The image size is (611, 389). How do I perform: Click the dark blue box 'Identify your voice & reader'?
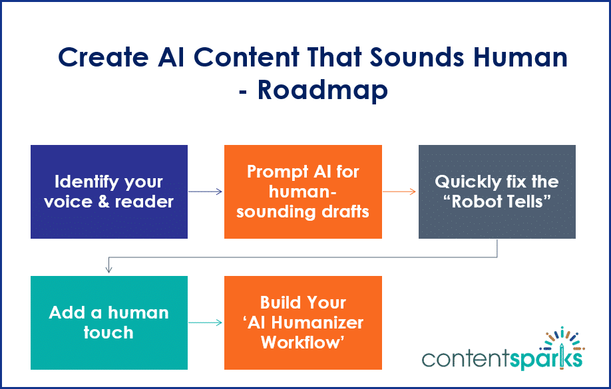[x=109, y=192]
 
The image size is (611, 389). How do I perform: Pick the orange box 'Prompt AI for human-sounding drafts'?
[x=303, y=192]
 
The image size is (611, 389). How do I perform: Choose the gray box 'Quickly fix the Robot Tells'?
[x=497, y=192]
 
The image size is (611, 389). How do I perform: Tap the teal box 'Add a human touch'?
[x=109, y=323]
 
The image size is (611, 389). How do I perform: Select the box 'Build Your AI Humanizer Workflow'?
[x=303, y=323]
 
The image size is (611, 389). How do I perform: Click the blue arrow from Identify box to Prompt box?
[x=206, y=192]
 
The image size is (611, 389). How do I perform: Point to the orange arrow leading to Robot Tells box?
[x=400, y=192]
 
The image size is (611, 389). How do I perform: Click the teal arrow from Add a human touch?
[x=206, y=323]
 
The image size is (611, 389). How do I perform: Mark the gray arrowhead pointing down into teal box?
[x=109, y=269]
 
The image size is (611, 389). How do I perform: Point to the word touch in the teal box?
[x=108, y=332]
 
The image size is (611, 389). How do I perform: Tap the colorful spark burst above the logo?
[x=563, y=340]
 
